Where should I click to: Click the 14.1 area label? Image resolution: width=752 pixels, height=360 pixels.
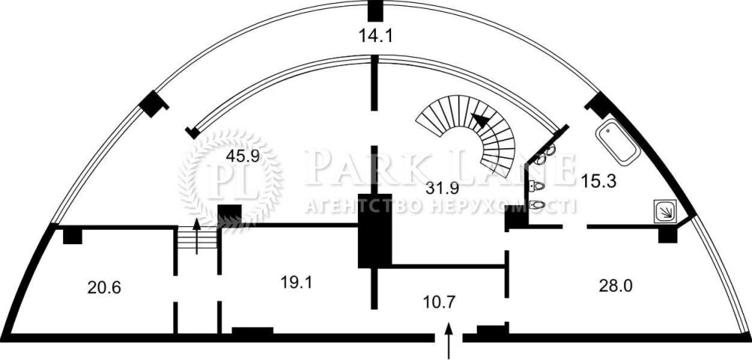pyautogui.click(x=375, y=35)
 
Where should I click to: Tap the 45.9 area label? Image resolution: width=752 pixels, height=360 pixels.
pyautogui.click(x=243, y=157)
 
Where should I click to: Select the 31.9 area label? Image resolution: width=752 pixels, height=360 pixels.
pyautogui.click(x=442, y=188)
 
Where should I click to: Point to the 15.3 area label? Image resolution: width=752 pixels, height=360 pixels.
pyautogui.click(x=598, y=181)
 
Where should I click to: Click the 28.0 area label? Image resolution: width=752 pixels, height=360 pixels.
pyautogui.click(x=615, y=286)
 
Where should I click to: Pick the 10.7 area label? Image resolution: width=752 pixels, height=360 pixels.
pyautogui.click(x=439, y=302)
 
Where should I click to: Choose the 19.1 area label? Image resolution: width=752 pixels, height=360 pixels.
pyautogui.click(x=296, y=283)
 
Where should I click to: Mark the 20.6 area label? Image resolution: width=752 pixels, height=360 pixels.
pyautogui.click(x=104, y=288)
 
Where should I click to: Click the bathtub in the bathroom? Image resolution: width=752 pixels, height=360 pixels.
pyautogui.click(x=617, y=142)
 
